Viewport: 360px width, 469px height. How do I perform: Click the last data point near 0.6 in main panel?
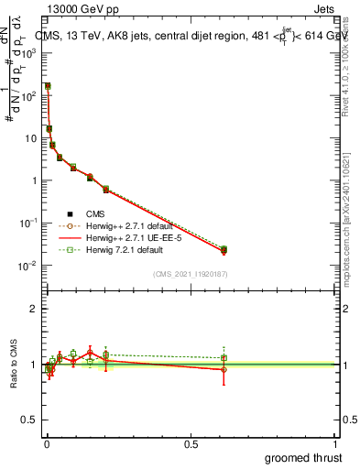224,249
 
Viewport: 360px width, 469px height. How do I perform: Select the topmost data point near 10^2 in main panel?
48,86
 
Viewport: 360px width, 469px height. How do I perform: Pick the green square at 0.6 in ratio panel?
224,358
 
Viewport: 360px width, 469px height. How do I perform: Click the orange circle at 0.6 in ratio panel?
224,370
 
